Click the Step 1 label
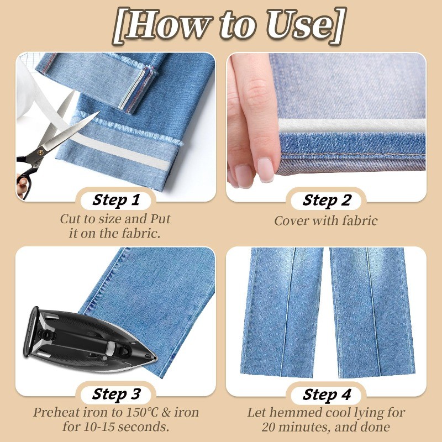coord(116,200)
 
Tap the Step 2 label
coord(327,200)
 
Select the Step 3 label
coord(116,394)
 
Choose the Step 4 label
coord(327,394)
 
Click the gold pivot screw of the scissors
coord(40,152)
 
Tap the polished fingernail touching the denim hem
coord(266,170)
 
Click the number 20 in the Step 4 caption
coord(269,427)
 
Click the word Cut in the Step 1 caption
coord(70,219)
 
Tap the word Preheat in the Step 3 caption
coord(56,412)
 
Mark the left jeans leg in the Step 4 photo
coord(282,313)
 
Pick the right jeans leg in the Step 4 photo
coord(372,313)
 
